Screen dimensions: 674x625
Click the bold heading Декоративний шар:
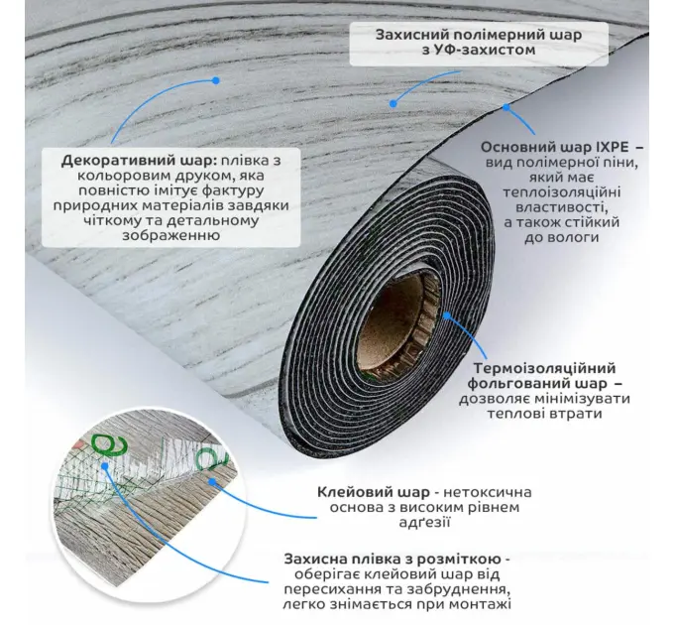(139, 161)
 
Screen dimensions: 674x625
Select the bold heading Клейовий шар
(374, 492)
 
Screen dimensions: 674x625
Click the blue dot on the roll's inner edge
(447, 315)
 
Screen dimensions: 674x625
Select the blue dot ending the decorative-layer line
(216, 80)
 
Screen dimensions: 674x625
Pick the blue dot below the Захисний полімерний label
(393, 103)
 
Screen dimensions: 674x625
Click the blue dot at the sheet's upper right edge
(506, 107)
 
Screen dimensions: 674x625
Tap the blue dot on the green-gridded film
(105, 465)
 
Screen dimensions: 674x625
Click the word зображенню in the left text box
(171, 235)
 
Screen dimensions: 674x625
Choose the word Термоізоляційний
(544, 368)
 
